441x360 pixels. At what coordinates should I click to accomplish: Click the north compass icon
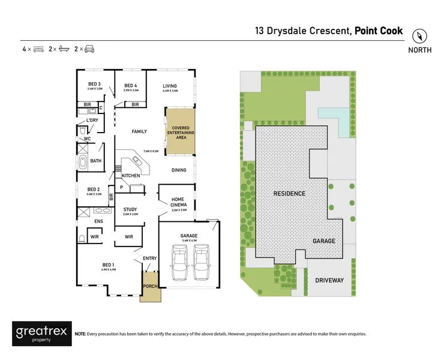point(419,35)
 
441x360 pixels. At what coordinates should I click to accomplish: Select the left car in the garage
point(179,263)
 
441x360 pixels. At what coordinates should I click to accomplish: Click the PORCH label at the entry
point(150,286)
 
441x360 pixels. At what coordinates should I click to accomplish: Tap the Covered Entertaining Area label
point(181,132)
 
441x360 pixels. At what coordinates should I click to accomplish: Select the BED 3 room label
point(94,85)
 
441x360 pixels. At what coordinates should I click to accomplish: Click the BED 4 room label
point(131,86)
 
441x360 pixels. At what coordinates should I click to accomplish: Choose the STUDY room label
point(130,210)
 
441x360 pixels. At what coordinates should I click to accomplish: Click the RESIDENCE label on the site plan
point(289,193)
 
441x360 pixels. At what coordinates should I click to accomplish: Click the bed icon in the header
point(39,49)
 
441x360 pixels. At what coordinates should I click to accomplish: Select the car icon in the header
point(88,49)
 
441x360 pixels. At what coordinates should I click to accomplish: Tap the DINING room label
point(179,170)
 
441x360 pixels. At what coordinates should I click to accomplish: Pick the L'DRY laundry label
point(92,121)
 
